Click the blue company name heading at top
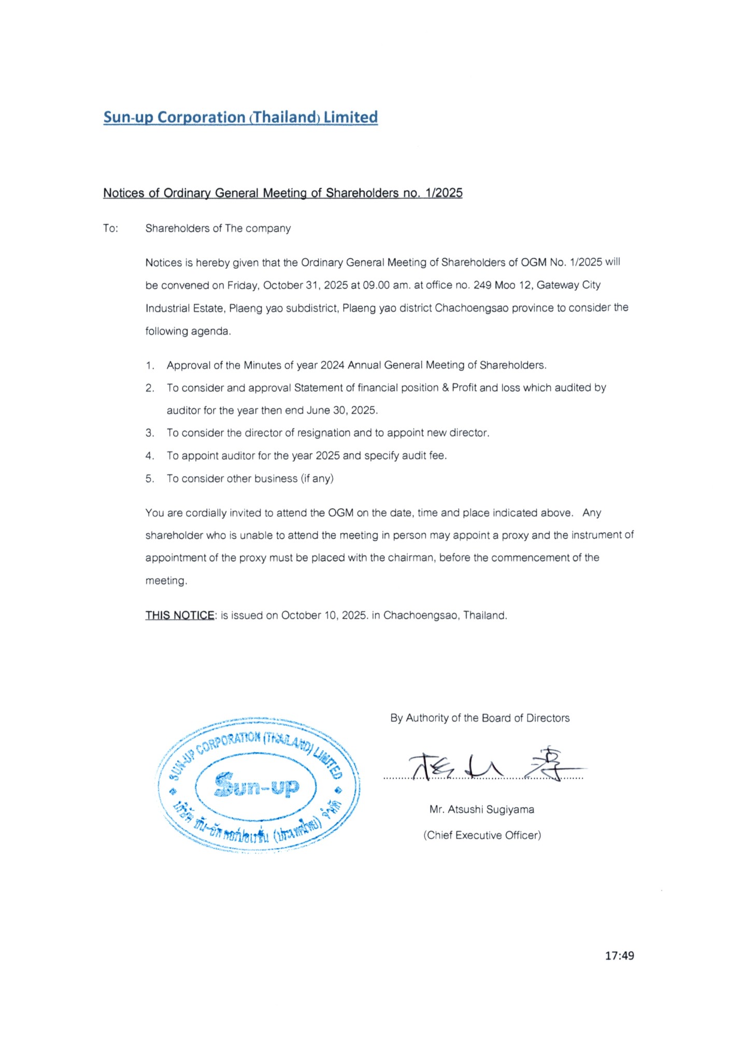(x=240, y=117)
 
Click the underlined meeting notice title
(x=282, y=193)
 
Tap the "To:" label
(x=110, y=228)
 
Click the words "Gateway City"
(x=568, y=285)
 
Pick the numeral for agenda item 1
(x=150, y=366)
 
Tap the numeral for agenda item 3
(x=150, y=433)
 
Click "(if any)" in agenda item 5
(x=317, y=479)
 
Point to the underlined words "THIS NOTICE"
(x=179, y=615)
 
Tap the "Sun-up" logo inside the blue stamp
(x=256, y=785)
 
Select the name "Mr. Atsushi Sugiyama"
(x=481, y=809)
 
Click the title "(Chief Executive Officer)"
(x=482, y=835)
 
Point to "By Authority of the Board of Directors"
(x=480, y=718)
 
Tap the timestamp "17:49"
(x=619, y=955)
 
